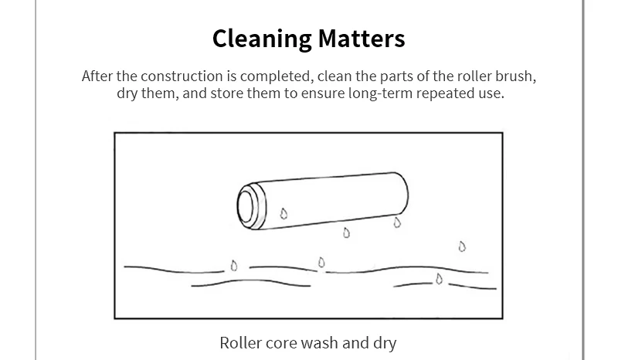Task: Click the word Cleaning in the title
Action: point(263,39)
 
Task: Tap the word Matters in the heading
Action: point(362,39)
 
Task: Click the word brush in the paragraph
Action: point(515,76)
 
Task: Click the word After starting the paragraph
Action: point(97,76)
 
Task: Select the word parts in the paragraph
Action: point(397,76)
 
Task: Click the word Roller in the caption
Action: point(240,343)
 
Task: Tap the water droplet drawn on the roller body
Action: point(284,214)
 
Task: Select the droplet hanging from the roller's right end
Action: point(397,222)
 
